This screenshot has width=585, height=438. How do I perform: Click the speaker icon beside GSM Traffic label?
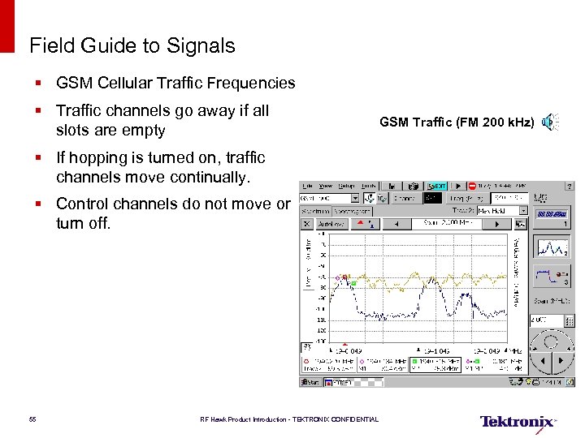point(549,122)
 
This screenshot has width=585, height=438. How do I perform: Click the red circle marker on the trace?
point(344,277)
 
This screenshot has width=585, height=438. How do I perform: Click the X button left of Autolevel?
point(307,222)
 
